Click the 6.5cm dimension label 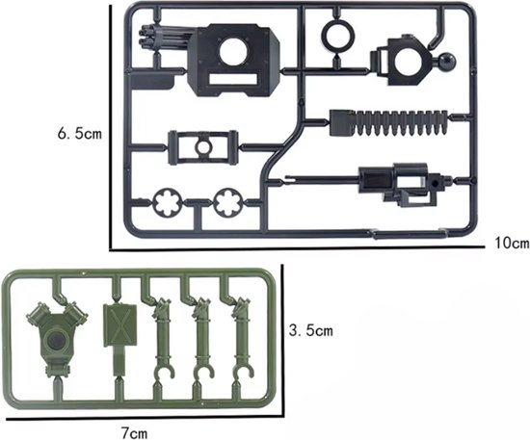[80, 134]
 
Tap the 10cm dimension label [512, 243]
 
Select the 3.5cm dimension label [311, 330]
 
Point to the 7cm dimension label [134, 432]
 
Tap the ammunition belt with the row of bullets [388, 123]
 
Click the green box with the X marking [119, 325]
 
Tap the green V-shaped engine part [57, 338]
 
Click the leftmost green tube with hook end [163, 339]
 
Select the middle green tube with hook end [201, 339]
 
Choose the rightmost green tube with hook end [241, 339]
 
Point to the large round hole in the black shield [233, 52]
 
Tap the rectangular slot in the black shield [233, 79]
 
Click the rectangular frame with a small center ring [202, 147]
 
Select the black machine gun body [402, 183]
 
